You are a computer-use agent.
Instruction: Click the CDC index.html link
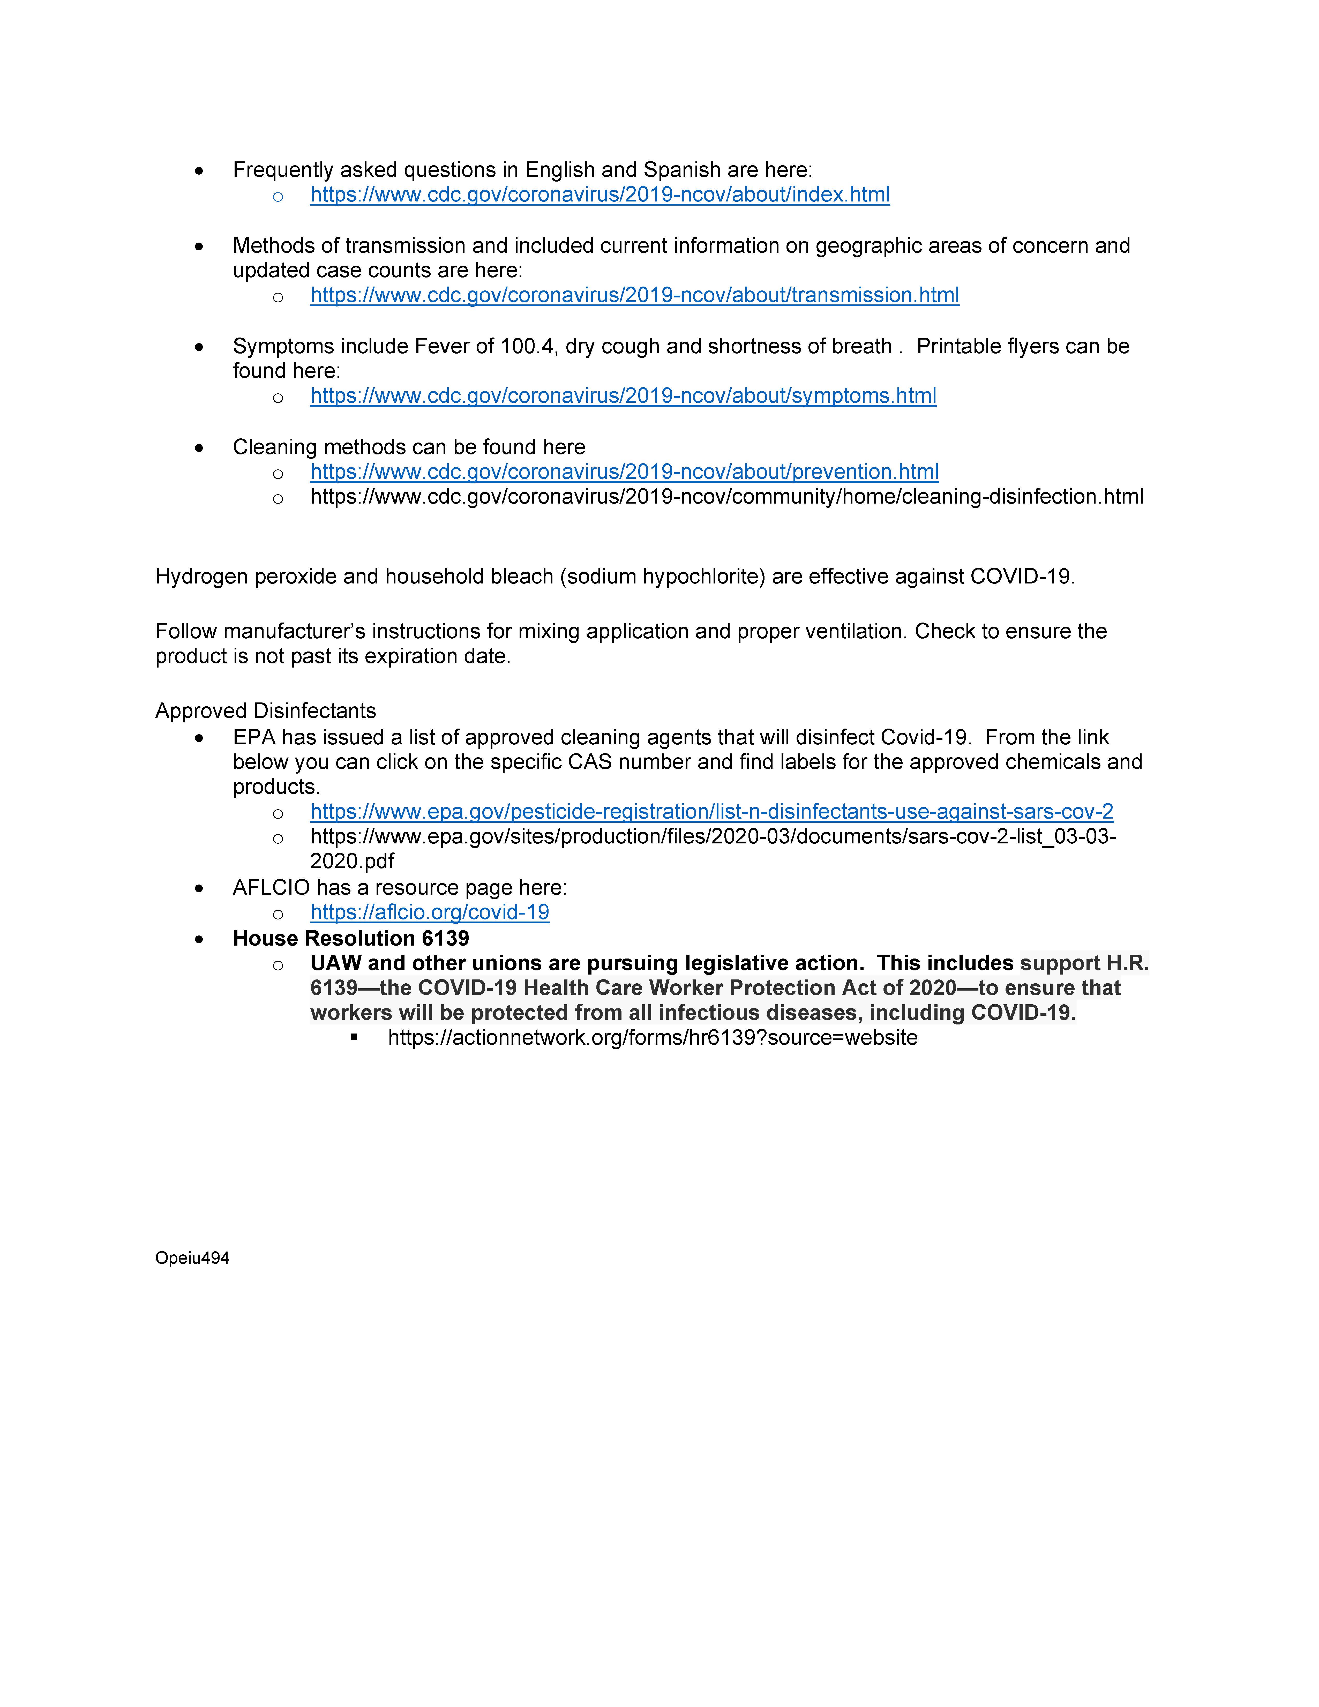pos(599,194)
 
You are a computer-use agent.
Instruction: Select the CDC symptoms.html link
pos(623,396)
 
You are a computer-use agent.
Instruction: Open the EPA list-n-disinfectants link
pos(711,812)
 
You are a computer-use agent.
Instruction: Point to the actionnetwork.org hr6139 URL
pos(653,1038)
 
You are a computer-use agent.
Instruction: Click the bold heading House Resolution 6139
pos(351,939)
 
